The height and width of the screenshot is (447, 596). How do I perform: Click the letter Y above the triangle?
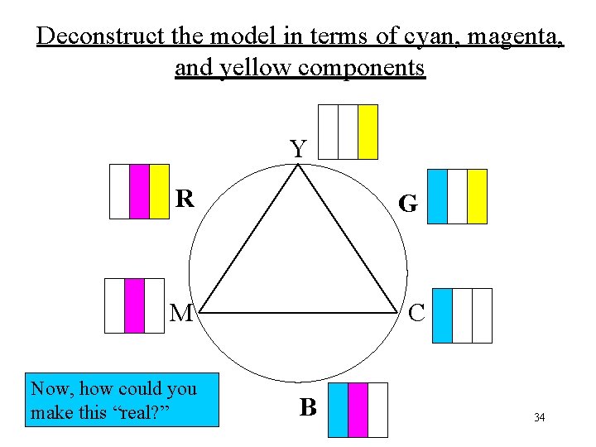298,149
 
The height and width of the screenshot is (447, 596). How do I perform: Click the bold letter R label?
185,199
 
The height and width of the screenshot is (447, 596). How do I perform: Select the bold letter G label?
406,204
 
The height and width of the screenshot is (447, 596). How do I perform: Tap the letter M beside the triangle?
181,313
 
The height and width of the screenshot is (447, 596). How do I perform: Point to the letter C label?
416,313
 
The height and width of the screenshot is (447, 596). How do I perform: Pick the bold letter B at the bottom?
308,407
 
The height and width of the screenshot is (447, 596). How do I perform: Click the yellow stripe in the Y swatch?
368,132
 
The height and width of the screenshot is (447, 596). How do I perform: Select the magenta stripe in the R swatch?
139,191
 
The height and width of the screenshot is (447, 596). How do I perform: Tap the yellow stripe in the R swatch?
159,191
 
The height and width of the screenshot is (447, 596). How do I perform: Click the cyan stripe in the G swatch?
437,196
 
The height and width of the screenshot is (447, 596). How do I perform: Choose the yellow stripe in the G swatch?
477,196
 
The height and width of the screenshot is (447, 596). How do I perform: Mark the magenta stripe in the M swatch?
134,305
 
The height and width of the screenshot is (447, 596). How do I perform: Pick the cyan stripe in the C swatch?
443,315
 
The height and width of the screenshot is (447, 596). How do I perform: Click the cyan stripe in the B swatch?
338,410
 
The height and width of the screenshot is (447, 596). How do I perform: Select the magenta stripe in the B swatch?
358,410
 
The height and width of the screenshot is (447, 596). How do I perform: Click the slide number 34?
539,418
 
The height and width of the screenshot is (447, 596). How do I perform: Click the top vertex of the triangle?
299,164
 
